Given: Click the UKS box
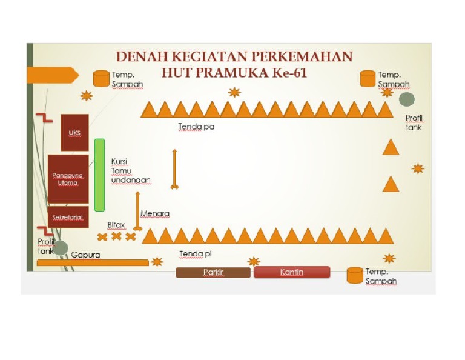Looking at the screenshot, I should (x=74, y=132).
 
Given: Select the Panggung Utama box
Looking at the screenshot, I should (x=68, y=179).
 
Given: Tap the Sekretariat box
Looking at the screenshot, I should (x=68, y=217).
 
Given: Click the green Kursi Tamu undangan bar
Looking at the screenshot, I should (x=99, y=175).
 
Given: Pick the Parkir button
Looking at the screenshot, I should (x=213, y=273).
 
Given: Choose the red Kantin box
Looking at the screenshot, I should (x=292, y=273).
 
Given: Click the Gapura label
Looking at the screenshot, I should (x=85, y=255).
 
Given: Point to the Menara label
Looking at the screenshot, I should (x=154, y=213).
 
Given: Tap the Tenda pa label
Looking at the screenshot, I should (x=196, y=127).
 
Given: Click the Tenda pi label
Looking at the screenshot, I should (x=195, y=253).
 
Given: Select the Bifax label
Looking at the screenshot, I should (x=116, y=224).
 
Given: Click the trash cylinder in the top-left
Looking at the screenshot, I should (x=101, y=78).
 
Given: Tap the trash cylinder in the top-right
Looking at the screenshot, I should (x=368, y=78).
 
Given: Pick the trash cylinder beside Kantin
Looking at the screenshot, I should (x=355, y=275).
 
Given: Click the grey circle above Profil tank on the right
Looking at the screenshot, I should (x=406, y=99).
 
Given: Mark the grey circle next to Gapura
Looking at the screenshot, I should (x=60, y=247).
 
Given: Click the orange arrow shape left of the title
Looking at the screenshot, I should (x=53, y=75).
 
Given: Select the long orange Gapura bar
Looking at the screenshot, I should (x=93, y=263).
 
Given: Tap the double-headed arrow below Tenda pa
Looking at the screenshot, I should (x=174, y=169).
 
